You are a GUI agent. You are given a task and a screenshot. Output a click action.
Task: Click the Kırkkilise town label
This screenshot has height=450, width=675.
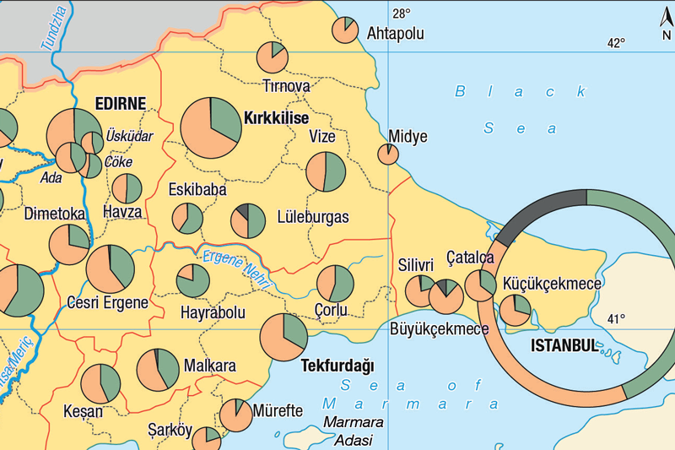pyautogui.click(x=275, y=118)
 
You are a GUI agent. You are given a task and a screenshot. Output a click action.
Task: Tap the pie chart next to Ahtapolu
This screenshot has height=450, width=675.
pyautogui.click(x=344, y=30)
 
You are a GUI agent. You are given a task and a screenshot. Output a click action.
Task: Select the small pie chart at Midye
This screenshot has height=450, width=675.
pyautogui.click(x=388, y=154)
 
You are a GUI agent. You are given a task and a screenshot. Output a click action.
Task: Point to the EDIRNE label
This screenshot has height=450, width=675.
pyautogui.click(x=120, y=103)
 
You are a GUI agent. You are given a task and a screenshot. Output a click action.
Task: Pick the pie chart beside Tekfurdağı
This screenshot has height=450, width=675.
pyautogui.click(x=283, y=337)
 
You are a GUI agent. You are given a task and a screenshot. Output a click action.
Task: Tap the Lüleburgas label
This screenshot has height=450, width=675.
pyautogui.click(x=312, y=217)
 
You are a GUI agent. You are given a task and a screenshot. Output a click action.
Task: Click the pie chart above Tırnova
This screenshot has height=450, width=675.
pyautogui.click(x=273, y=56)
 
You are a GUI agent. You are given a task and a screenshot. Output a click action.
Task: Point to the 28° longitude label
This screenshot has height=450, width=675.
pyautogui.click(x=401, y=13)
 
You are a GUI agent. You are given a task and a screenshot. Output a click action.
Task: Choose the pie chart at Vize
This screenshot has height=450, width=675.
pyautogui.click(x=326, y=172)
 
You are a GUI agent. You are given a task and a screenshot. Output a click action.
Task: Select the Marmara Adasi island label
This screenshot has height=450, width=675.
pyautogui.click(x=354, y=431)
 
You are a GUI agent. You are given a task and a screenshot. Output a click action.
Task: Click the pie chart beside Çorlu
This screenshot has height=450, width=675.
pyautogui.click(x=335, y=284)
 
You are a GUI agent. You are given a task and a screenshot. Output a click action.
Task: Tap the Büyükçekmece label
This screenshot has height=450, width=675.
pyautogui.click(x=439, y=328)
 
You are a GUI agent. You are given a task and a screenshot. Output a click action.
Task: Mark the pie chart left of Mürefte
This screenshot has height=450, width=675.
pyautogui.click(x=235, y=415)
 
